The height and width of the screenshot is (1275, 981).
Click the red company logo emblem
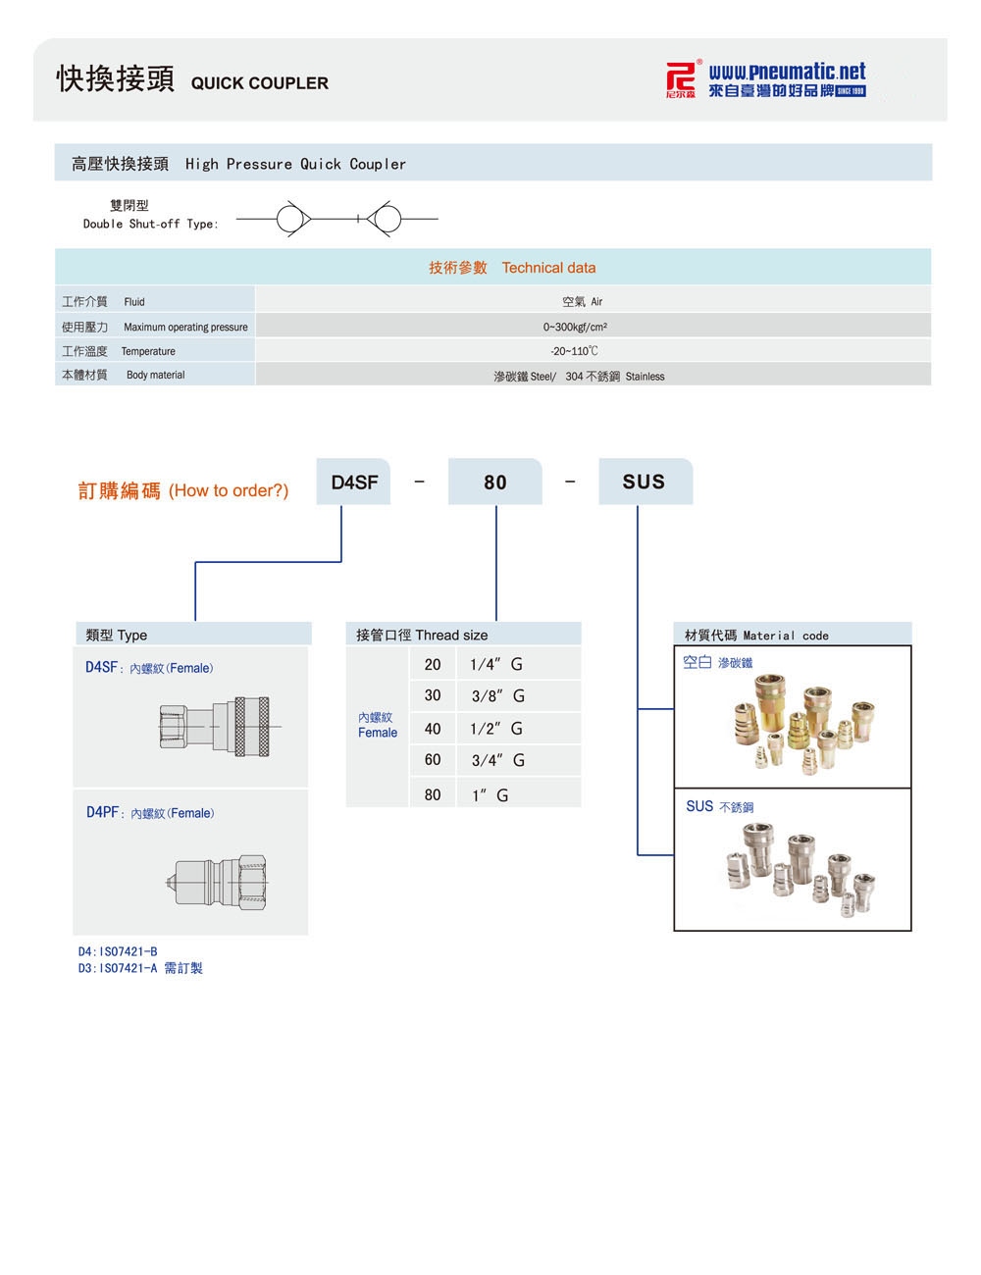coord(680,79)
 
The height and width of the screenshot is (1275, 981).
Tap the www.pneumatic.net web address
coord(787,72)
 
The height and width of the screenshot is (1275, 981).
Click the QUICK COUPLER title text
coord(260,83)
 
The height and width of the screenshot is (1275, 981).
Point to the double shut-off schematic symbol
coord(336,218)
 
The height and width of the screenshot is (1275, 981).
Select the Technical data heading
coord(548,268)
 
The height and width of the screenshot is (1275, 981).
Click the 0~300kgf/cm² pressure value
coord(575,327)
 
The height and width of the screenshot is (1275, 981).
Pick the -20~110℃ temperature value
coord(575,351)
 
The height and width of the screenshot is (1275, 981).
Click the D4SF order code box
coord(354,482)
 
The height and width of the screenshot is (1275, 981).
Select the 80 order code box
coord(495,482)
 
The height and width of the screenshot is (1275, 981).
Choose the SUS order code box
coord(645,482)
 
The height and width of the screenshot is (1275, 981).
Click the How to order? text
coord(229,490)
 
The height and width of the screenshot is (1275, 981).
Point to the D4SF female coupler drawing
coord(219,726)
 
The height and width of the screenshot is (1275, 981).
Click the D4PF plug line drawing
coord(218,879)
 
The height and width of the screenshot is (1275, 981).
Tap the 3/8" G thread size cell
coord(497,696)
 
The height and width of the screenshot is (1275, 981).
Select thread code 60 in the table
coord(433,760)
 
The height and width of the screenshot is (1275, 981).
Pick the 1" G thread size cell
coord(490,795)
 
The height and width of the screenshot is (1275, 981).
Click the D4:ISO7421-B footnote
coord(118,951)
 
